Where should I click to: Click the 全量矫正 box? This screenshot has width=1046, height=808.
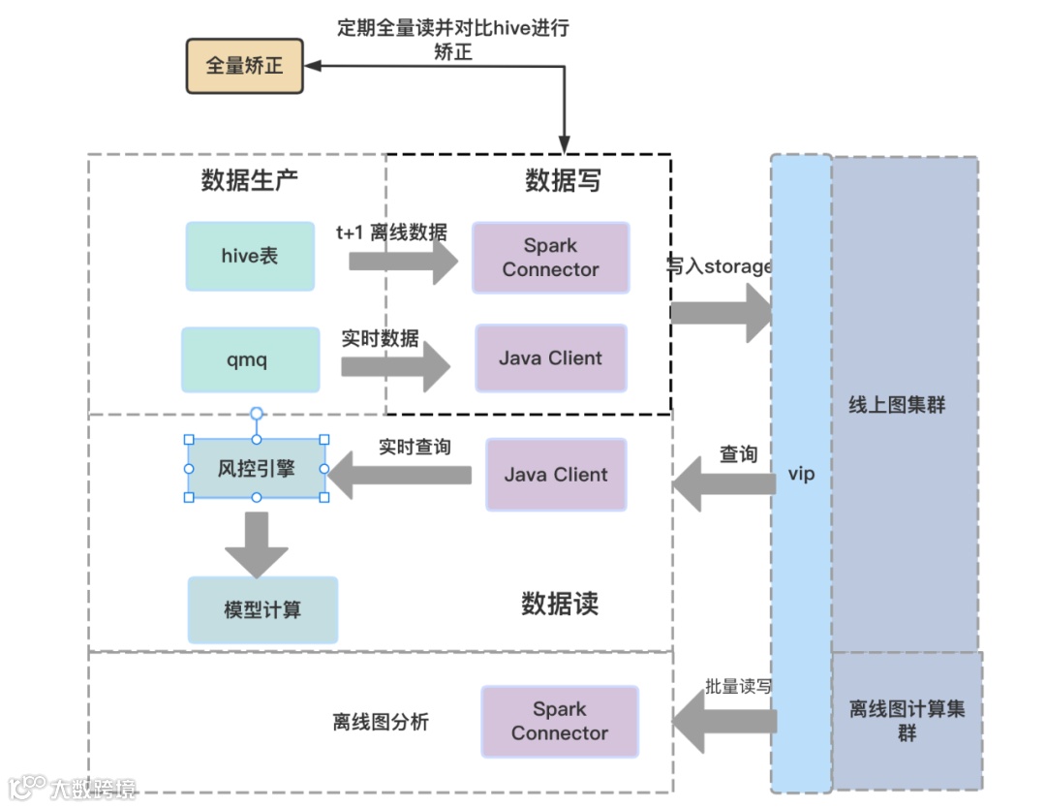coord(244,65)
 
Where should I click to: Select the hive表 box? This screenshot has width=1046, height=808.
coord(250,256)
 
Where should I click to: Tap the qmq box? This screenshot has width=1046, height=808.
coord(250,359)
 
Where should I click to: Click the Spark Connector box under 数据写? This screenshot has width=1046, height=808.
coord(550,258)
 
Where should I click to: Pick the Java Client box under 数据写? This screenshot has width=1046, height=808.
coord(550,358)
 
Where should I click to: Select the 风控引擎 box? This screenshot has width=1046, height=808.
coord(256,468)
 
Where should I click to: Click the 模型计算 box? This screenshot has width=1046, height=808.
coord(262,609)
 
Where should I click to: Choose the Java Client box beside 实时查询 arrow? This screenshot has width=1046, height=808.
coord(556,475)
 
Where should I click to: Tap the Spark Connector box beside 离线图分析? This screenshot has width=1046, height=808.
coord(560,721)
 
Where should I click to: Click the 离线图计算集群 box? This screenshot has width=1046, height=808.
coord(908,721)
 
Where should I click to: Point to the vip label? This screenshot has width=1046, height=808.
coord(801,474)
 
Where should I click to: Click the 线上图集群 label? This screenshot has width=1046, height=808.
coord(897,404)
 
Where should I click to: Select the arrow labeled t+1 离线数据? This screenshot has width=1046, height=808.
coord(404,262)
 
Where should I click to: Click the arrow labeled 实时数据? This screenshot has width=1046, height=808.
coord(395,366)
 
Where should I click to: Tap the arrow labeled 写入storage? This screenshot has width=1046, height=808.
coord(722,313)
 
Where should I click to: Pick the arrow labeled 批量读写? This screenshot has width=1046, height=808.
coord(724,721)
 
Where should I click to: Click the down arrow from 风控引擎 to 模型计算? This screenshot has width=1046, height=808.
coord(257,544)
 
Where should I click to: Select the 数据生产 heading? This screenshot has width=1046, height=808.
coord(250,180)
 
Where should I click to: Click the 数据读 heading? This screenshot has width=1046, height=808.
coord(560,604)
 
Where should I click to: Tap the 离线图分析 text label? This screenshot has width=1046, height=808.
coord(381,722)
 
